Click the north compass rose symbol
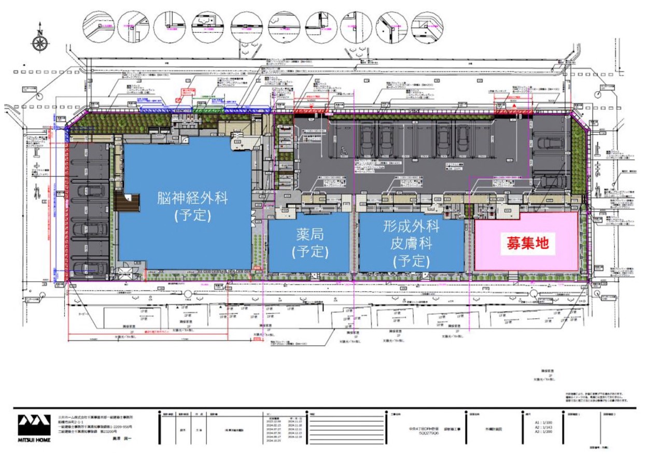click(40, 42)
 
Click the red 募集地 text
click(527, 242)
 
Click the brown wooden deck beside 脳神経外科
click(126, 202)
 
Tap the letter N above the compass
click(40, 25)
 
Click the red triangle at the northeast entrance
click(514, 106)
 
